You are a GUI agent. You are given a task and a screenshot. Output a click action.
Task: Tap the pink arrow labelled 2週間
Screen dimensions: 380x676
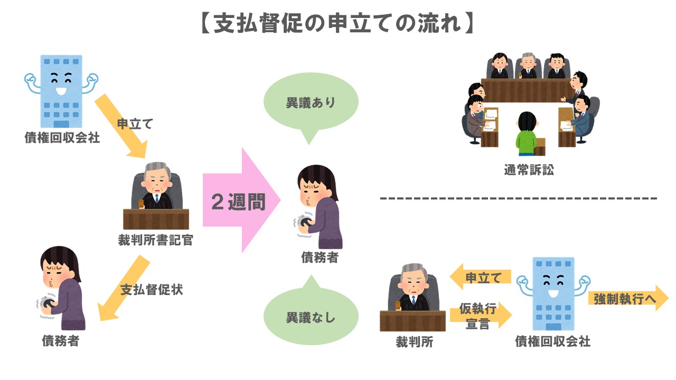[240, 201]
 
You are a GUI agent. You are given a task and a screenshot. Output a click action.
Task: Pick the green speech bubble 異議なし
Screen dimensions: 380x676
[311, 318]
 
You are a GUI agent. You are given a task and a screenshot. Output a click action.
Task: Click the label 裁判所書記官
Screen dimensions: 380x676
[156, 241]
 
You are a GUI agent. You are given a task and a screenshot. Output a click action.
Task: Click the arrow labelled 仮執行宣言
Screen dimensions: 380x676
[480, 316]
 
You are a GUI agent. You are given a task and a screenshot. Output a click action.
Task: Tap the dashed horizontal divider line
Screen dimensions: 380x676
[518, 199]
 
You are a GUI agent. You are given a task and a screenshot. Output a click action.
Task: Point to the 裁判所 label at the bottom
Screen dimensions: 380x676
[415, 342]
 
